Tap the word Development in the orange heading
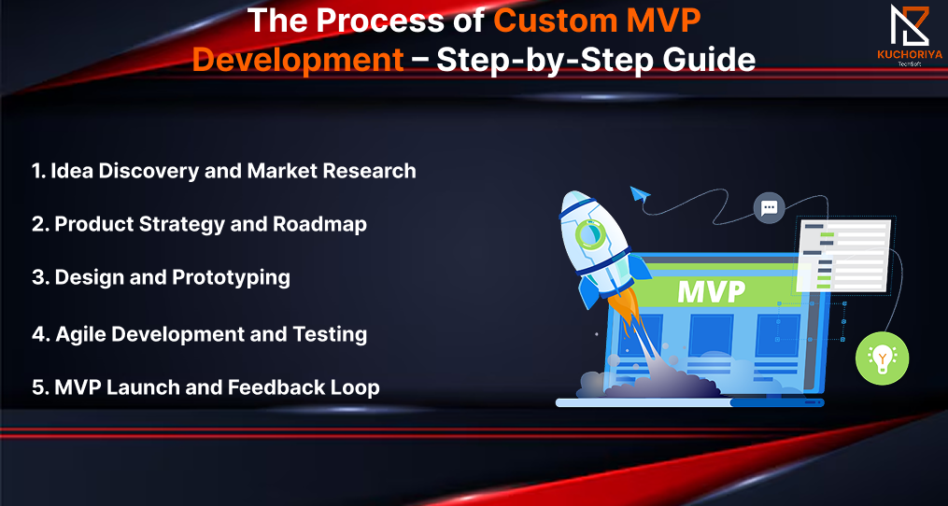click(298, 61)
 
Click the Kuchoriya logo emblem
click(909, 25)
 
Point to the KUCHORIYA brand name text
click(910, 54)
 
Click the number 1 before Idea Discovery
click(36, 171)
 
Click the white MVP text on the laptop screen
click(711, 292)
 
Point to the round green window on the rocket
click(588, 234)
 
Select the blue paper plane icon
click(640, 194)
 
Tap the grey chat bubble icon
click(769, 208)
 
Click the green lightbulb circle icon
click(882, 358)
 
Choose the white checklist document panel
click(845, 255)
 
